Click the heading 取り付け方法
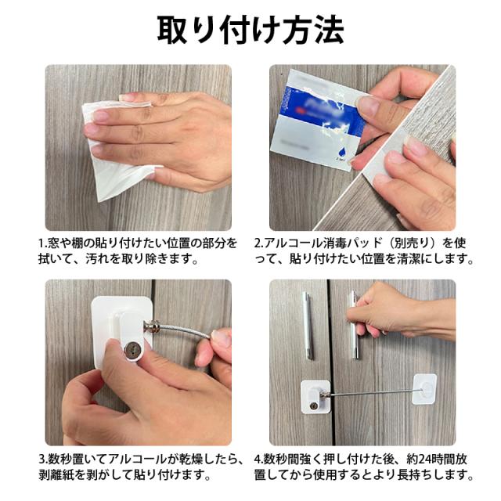click(250, 30)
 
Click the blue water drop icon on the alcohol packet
click(341, 151)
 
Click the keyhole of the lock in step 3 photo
click(130, 351)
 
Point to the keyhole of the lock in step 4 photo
click(315, 405)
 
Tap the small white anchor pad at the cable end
click(424, 389)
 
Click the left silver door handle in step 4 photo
click(307, 326)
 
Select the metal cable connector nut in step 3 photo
click(150, 326)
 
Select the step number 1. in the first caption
click(42, 243)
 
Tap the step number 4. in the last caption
click(259, 460)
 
